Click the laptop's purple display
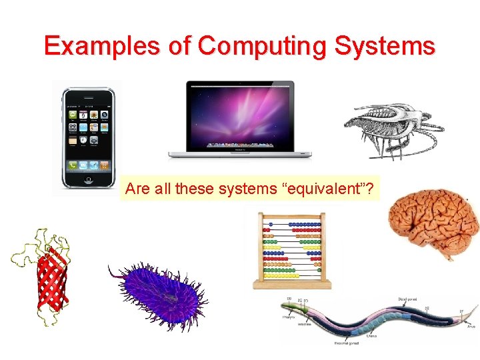(x=239, y=115)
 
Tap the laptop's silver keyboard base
(x=239, y=154)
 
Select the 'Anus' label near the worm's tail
(x=471, y=327)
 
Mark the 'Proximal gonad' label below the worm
(x=347, y=343)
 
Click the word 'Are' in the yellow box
(x=137, y=189)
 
